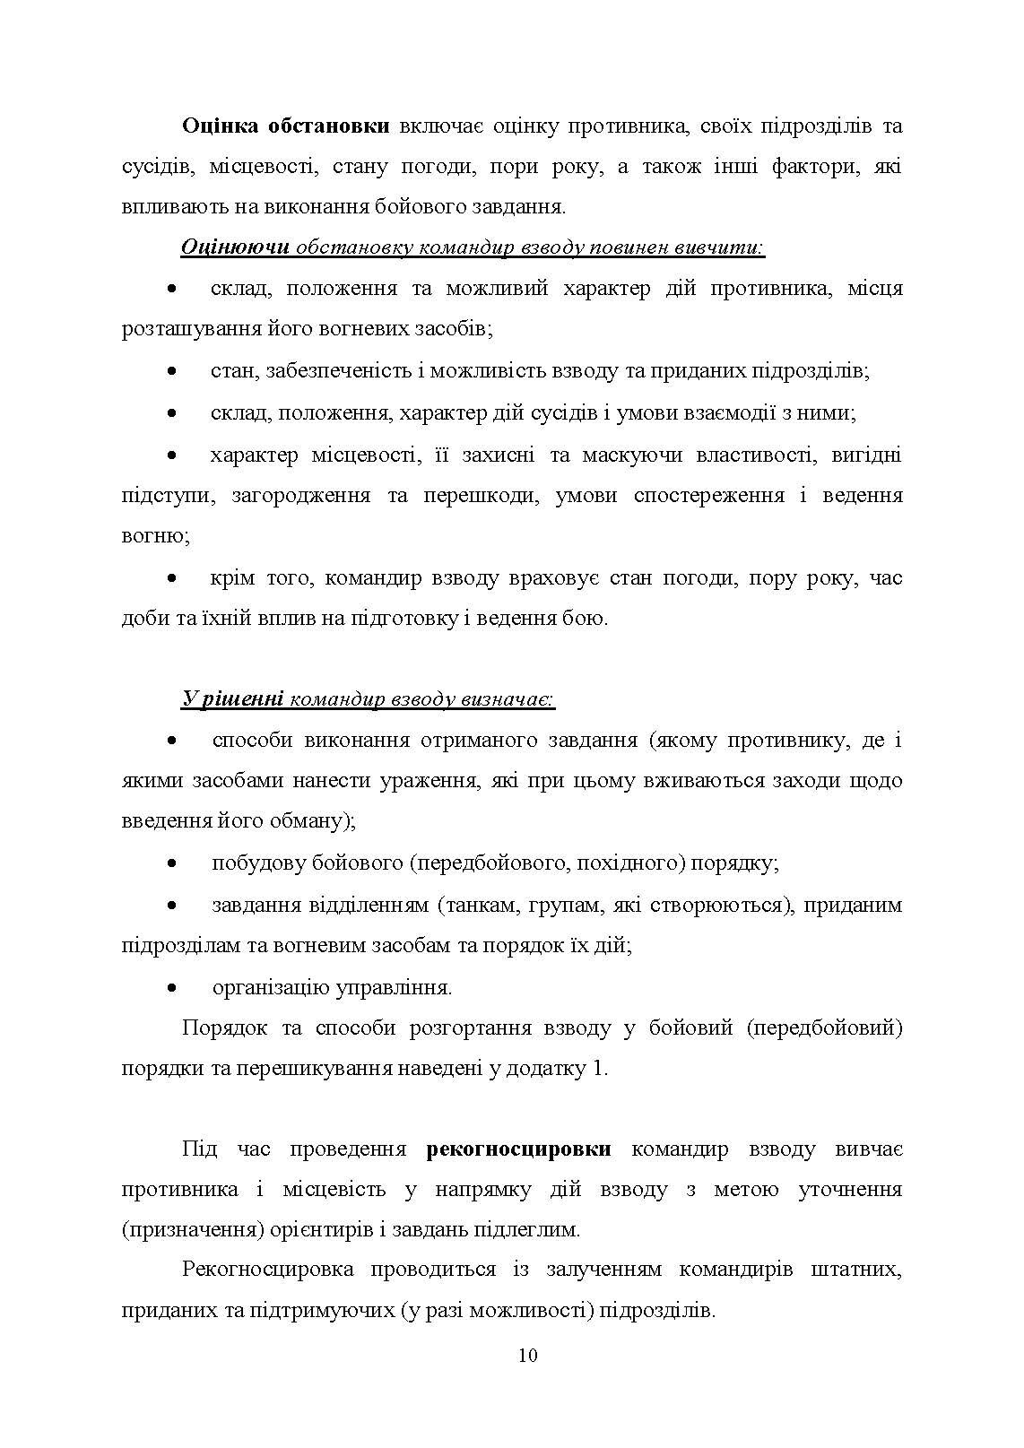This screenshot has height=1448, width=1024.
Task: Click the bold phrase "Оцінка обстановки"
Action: [x=285, y=126]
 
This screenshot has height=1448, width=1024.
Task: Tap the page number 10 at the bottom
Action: [x=527, y=1355]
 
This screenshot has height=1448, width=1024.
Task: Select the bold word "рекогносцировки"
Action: [x=520, y=1149]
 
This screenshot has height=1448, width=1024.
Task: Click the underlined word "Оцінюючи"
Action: [x=235, y=247]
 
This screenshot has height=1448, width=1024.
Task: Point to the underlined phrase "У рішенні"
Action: [x=232, y=698]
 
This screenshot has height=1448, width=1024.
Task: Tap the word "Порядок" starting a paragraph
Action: [x=223, y=1027]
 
